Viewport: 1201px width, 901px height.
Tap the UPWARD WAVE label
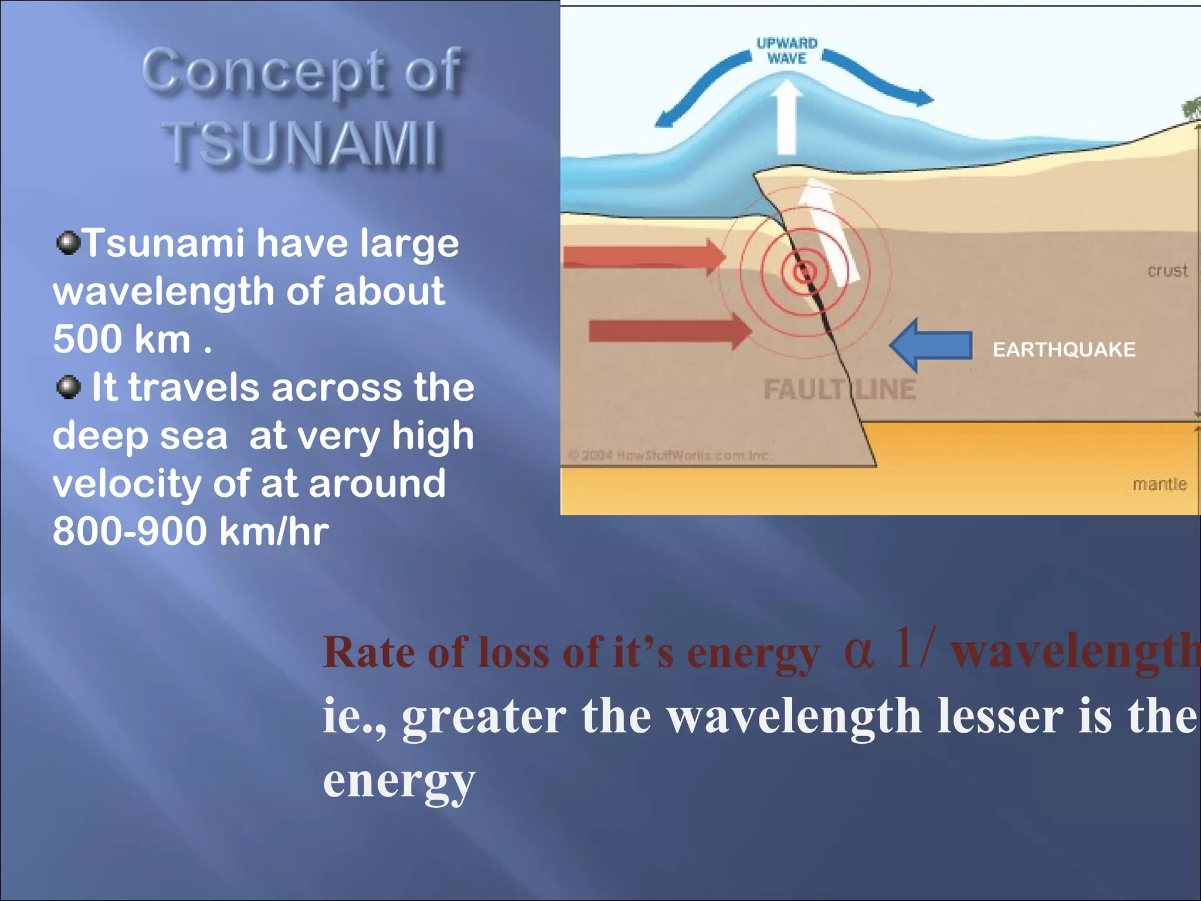(x=786, y=51)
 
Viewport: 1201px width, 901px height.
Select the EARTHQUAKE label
(x=1064, y=350)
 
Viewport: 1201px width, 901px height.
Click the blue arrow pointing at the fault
(x=932, y=346)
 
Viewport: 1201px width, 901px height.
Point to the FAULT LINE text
(x=839, y=390)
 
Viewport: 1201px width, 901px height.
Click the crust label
(x=1167, y=271)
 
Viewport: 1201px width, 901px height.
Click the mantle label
(x=1159, y=485)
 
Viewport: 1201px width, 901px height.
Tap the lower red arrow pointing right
(x=669, y=331)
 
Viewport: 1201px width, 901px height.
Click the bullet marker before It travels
(x=69, y=387)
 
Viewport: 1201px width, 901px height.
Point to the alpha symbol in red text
(x=859, y=653)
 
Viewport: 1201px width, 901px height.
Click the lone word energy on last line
(x=399, y=782)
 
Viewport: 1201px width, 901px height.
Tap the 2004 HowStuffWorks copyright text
(x=669, y=455)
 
